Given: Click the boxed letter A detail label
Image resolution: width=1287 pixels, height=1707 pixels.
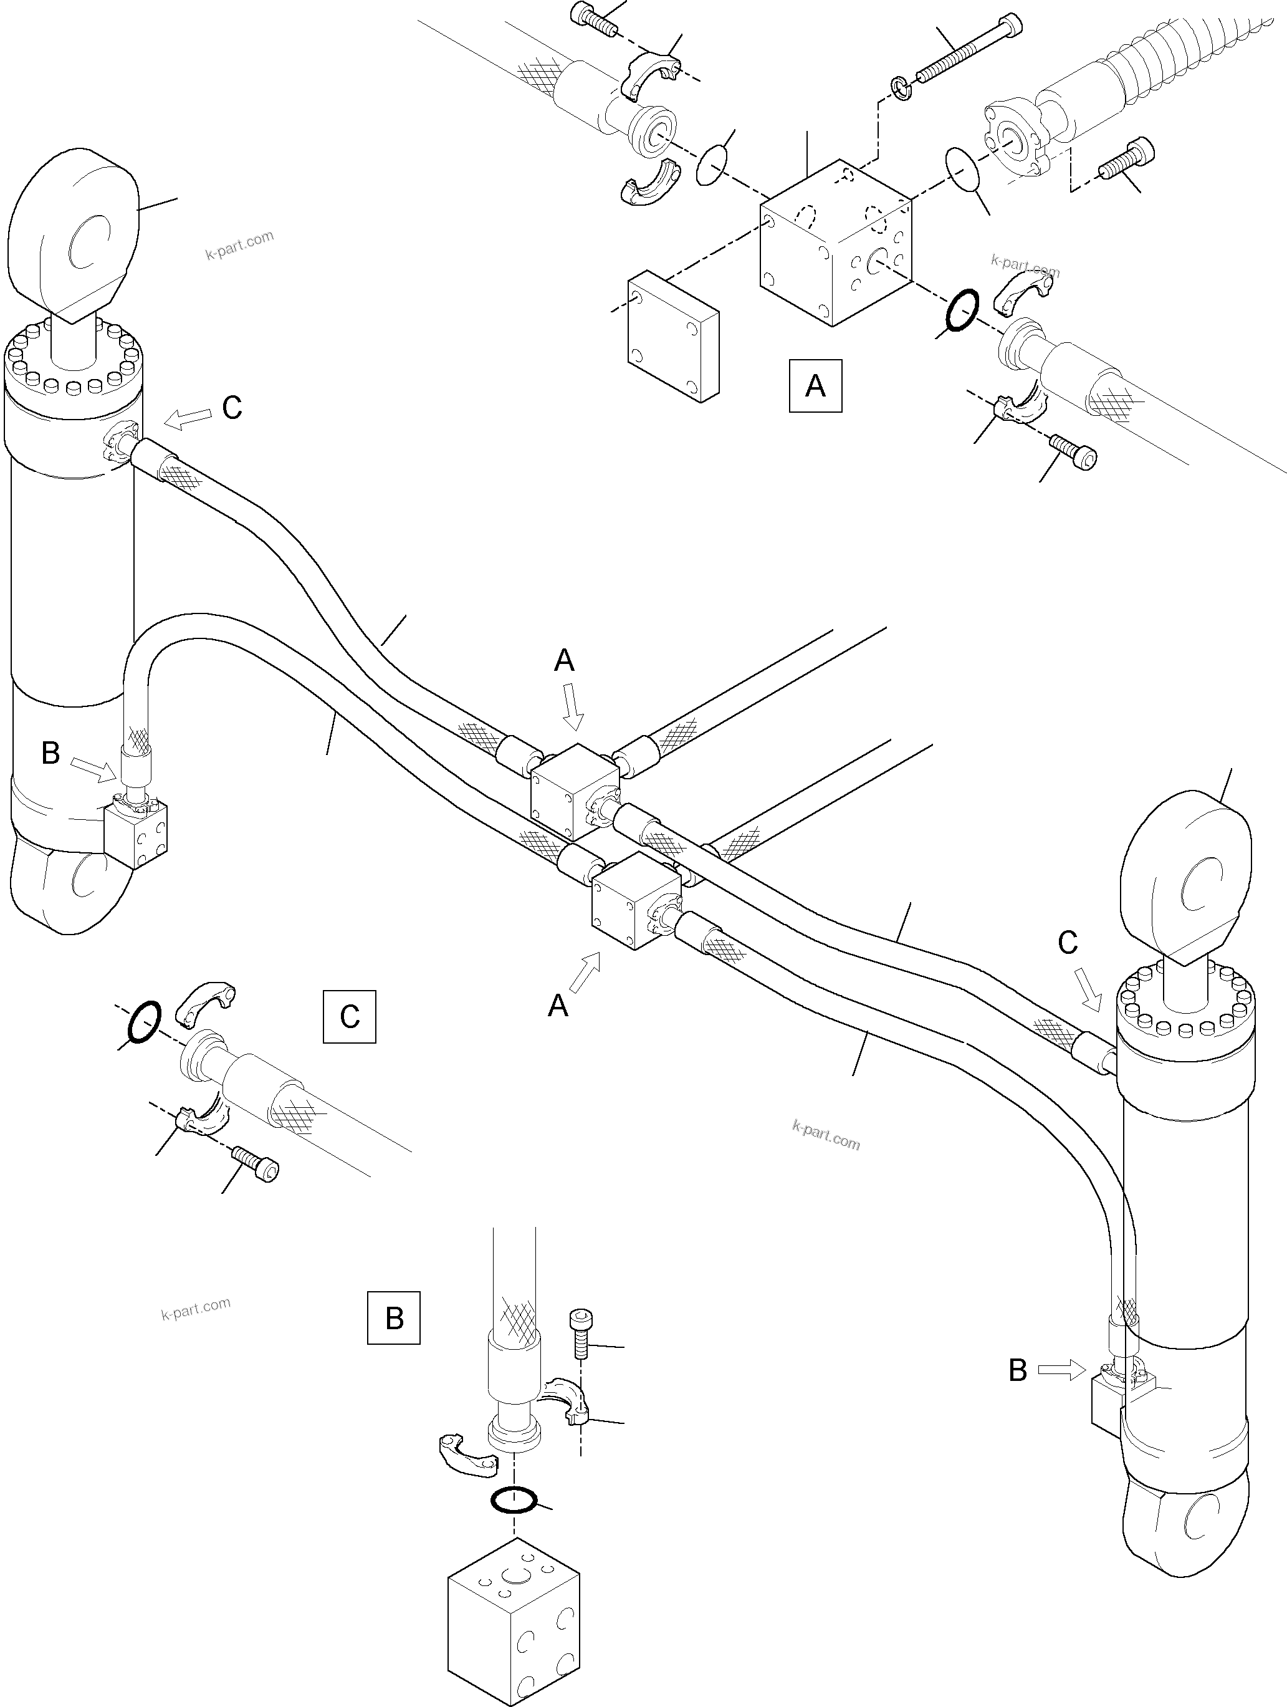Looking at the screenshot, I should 815,385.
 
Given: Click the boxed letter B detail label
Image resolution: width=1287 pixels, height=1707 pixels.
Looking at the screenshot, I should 393,1317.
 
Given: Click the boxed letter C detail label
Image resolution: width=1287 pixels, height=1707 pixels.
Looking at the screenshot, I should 350,1016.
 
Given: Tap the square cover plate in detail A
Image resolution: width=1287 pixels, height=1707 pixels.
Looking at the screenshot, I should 674,337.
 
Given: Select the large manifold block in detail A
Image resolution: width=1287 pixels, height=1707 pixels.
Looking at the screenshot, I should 835,243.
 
